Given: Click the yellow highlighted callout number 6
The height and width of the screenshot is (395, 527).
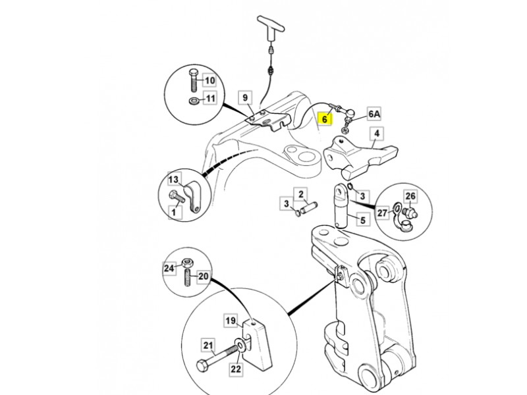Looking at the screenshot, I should point(324,119).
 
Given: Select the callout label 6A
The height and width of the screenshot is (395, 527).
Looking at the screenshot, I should point(374,114).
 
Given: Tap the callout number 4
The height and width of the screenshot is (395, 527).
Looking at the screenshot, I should point(376,134).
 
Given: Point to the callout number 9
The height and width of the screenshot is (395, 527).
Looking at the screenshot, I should point(244,98).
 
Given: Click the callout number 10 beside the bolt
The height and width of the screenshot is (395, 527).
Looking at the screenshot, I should point(209,80).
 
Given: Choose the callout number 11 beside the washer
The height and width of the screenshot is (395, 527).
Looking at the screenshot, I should point(209,99).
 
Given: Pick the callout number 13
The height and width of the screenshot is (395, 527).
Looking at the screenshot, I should point(174,180).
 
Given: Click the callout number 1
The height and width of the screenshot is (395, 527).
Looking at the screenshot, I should point(174,211).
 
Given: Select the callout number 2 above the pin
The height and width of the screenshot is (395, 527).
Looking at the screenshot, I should point(300,194).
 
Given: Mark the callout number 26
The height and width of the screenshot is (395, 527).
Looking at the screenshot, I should point(410,196).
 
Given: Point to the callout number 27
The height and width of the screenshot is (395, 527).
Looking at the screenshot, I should point(382,212).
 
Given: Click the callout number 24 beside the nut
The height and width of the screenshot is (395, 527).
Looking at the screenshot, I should point(169,268).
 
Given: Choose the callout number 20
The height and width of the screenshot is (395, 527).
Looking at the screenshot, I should point(203,277).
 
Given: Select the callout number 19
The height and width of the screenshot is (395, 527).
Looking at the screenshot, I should point(231,321).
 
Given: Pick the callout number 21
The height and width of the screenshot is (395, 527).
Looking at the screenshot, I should point(208,344).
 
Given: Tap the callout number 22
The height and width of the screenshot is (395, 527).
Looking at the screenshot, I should point(236,370).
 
